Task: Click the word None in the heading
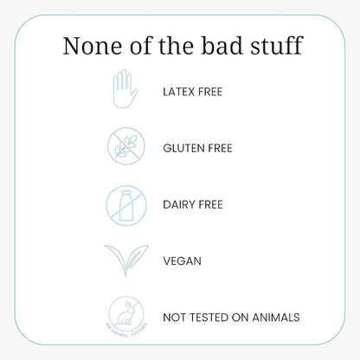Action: tap(93, 46)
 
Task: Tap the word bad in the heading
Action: tap(222, 45)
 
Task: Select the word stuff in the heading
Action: tap(276, 45)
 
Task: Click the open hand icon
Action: tap(125, 89)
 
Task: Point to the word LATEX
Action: tap(179, 92)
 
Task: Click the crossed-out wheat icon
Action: tap(126, 146)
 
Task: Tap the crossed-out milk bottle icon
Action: tap(126, 205)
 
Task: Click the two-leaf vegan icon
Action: tap(126, 260)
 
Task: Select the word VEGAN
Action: tap(182, 261)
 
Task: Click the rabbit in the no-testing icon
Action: tap(125, 313)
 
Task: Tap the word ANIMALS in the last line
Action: tap(276, 318)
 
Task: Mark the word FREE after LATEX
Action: tap(210, 92)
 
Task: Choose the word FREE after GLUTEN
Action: tap(220, 148)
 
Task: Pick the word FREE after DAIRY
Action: tap(210, 205)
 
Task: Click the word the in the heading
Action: tap(176, 45)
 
